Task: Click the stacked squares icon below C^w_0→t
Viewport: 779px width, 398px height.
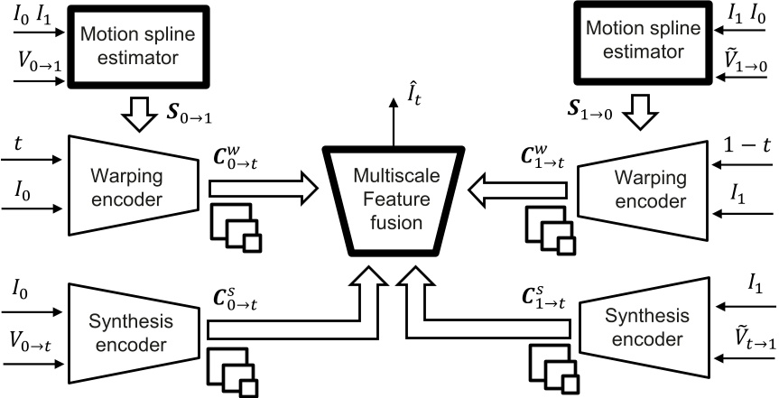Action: [236, 227]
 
